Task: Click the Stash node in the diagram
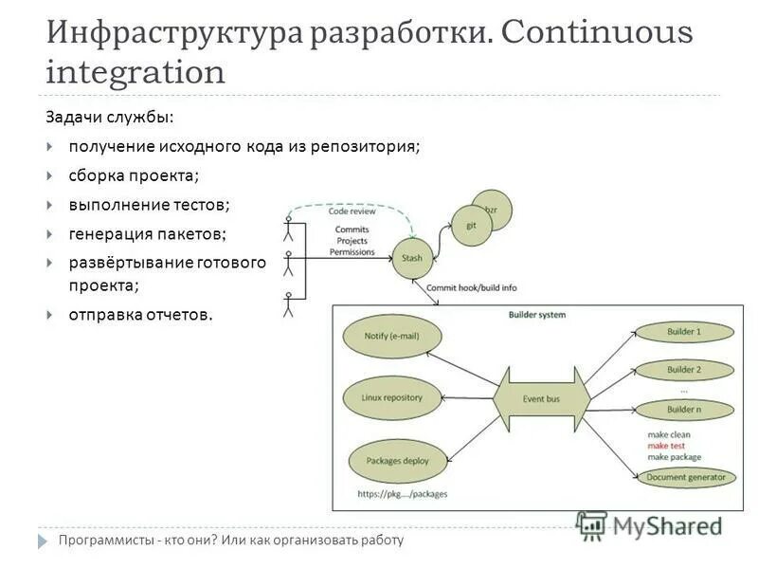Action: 412,258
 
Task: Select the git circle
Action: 470,227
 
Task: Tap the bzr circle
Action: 492,209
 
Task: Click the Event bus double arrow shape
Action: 541,399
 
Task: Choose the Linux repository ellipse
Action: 390,397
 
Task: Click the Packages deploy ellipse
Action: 389,462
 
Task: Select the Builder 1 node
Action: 684,333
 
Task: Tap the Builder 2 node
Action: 684,370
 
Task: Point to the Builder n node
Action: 684,409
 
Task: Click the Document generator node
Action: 686,477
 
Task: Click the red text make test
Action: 668,446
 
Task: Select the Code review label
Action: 352,211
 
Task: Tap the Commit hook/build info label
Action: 472,287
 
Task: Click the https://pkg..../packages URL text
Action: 402,494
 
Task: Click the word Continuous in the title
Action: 597,34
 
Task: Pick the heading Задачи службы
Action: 110,118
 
